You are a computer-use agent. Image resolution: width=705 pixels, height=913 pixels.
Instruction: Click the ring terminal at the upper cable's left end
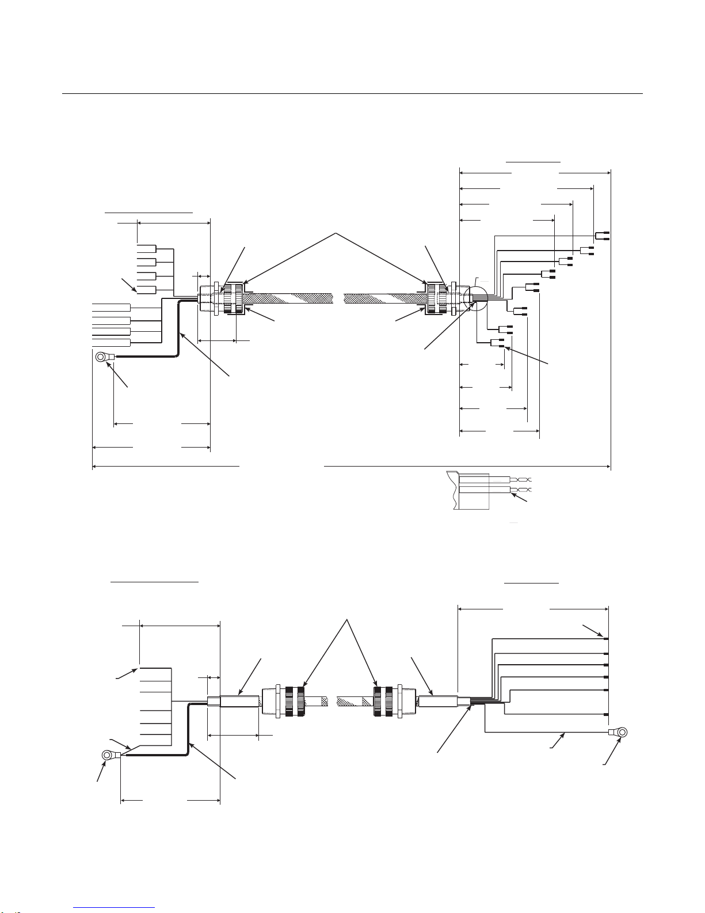[x=102, y=358]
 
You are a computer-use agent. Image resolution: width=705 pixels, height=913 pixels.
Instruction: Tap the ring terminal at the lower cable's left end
[x=108, y=755]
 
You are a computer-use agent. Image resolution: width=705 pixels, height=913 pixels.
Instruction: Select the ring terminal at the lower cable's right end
[x=620, y=732]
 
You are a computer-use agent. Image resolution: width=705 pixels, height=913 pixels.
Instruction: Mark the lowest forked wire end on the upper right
[x=497, y=344]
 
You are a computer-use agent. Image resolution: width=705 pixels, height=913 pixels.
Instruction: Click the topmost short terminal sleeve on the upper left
[x=147, y=249]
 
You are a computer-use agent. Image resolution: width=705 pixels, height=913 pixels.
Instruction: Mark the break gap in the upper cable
[x=338, y=298]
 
